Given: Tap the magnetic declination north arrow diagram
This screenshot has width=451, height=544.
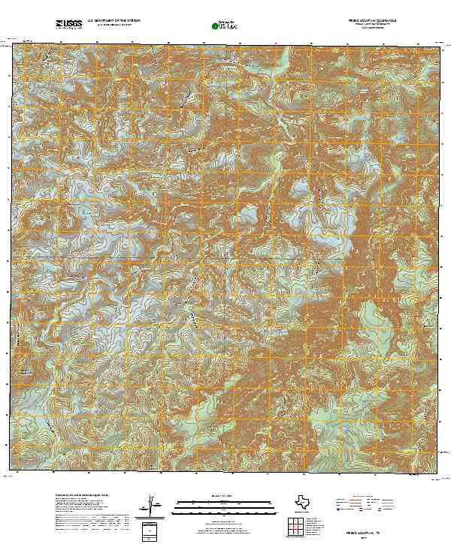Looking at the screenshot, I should pyautogui.click(x=154, y=503).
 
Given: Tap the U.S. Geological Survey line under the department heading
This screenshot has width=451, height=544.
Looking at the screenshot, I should pyautogui.click(x=113, y=26).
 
